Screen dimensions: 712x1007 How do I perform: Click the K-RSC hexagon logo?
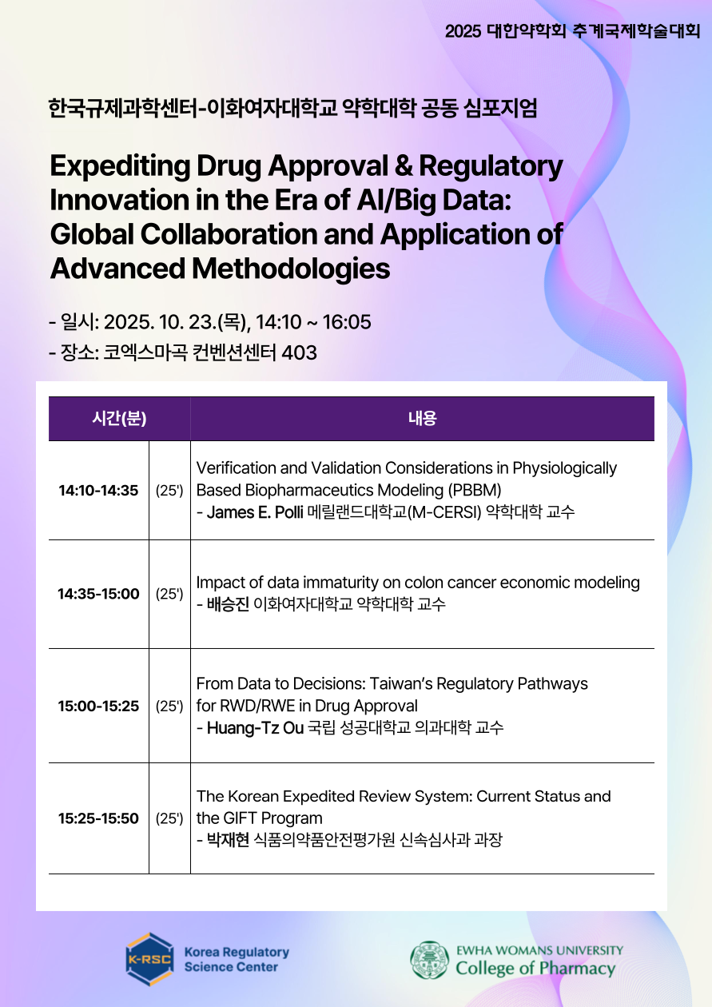coord(149,959)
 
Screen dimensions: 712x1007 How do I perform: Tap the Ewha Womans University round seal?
coord(429,959)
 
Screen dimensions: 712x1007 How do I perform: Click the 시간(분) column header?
coord(119,419)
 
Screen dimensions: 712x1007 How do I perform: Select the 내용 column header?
coord(423,419)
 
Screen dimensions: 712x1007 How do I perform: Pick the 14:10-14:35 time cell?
coord(98,491)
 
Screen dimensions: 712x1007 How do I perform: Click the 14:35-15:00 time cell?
coord(98,594)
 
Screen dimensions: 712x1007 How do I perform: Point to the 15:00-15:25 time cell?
coord(98,706)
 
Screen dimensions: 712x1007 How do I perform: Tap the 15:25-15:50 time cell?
coord(98,818)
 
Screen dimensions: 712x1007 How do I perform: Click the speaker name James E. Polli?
coord(255,512)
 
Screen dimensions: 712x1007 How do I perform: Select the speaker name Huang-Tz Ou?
coord(256,728)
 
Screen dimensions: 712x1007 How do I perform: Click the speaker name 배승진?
coord(228,604)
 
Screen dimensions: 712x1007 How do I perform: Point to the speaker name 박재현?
coord(228,840)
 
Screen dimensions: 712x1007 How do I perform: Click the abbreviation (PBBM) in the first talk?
coord(475,490)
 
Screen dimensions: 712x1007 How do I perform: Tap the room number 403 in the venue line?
coord(300,353)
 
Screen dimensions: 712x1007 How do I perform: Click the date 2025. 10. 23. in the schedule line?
coord(161,322)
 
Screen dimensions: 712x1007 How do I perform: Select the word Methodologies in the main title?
coord(291,269)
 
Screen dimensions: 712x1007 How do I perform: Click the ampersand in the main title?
coord(404,165)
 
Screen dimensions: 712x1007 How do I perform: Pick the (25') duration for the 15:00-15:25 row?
coord(169,706)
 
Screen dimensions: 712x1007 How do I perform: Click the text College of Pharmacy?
coord(535,969)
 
